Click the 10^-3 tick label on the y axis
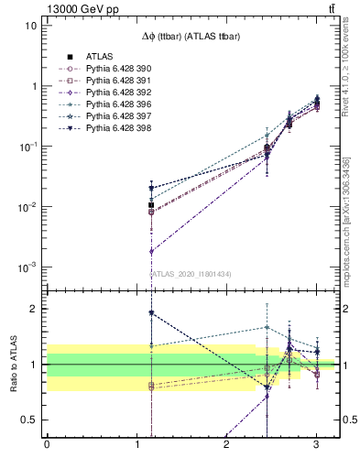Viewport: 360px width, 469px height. click(x=27, y=267)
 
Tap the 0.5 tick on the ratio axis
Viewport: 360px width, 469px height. click(x=29, y=420)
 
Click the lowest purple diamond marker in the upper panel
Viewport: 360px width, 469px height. click(x=151, y=251)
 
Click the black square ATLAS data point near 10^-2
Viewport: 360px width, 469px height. click(x=151, y=205)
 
